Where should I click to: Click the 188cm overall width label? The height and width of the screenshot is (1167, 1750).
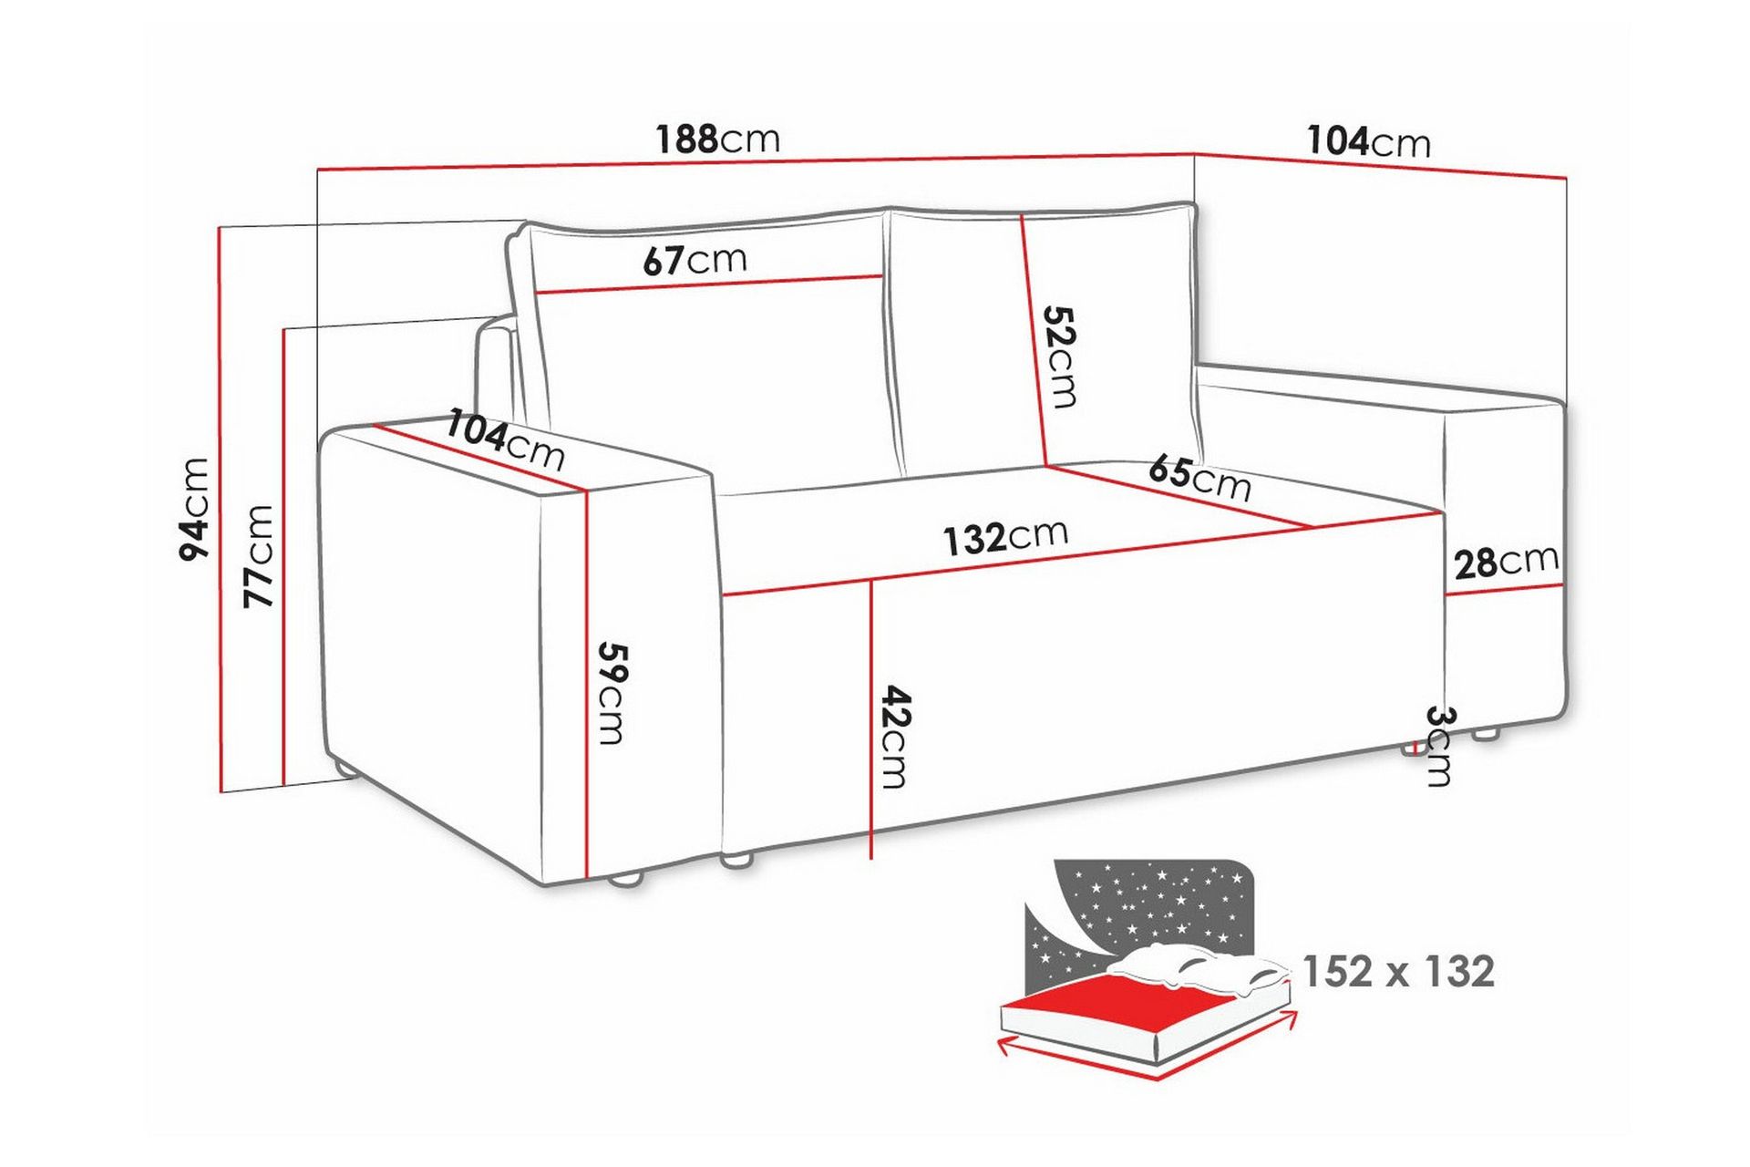click(718, 139)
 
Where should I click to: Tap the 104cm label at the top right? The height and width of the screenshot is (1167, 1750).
click(1368, 142)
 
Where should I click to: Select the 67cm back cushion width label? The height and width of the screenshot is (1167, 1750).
click(695, 261)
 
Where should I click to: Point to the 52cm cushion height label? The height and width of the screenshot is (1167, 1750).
click(1060, 356)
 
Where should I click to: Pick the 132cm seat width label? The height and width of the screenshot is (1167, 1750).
click(1004, 537)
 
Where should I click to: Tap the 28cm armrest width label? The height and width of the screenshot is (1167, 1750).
click(1506, 563)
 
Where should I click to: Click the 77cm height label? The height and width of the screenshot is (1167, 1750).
click(258, 555)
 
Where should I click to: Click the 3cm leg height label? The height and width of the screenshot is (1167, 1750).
click(1437, 745)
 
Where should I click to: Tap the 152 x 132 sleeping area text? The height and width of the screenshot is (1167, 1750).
click(1398, 972)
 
